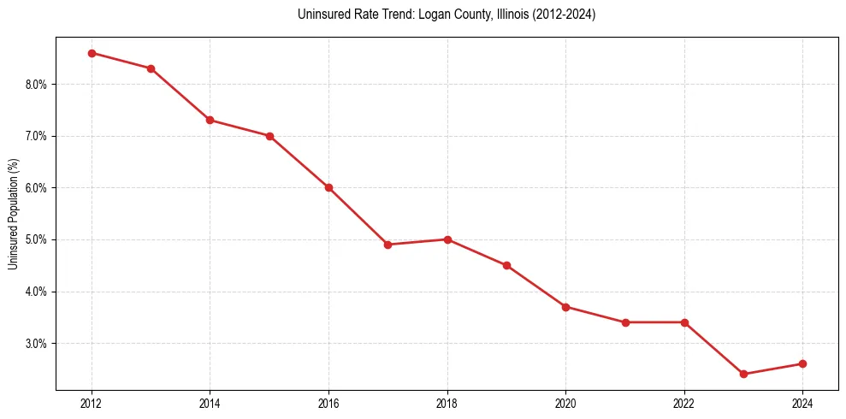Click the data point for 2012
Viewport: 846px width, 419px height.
click(x=92, y=53)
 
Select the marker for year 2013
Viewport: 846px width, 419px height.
click(x=151, y=68)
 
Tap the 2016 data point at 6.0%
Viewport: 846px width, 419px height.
click(x=328, y=188)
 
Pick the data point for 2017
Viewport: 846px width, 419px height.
click(x=388, y=245)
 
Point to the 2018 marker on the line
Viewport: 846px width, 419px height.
click(x=447, y=239)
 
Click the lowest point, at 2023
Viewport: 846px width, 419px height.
click(x=743, y=375)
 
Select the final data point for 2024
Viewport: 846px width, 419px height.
click(x=802, y=363)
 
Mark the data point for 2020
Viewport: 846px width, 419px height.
click(x=565, y=307)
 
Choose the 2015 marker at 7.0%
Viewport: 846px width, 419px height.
click(x=269, y=136)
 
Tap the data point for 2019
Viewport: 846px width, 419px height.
click(x=506, y=265)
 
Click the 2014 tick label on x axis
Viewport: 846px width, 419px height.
click(x=210, y=403)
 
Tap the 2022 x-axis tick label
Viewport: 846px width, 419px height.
click(x=683, y=403)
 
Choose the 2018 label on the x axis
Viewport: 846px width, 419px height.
click(x=447, y=403)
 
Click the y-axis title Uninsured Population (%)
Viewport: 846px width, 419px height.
click(x=14, y=214)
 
